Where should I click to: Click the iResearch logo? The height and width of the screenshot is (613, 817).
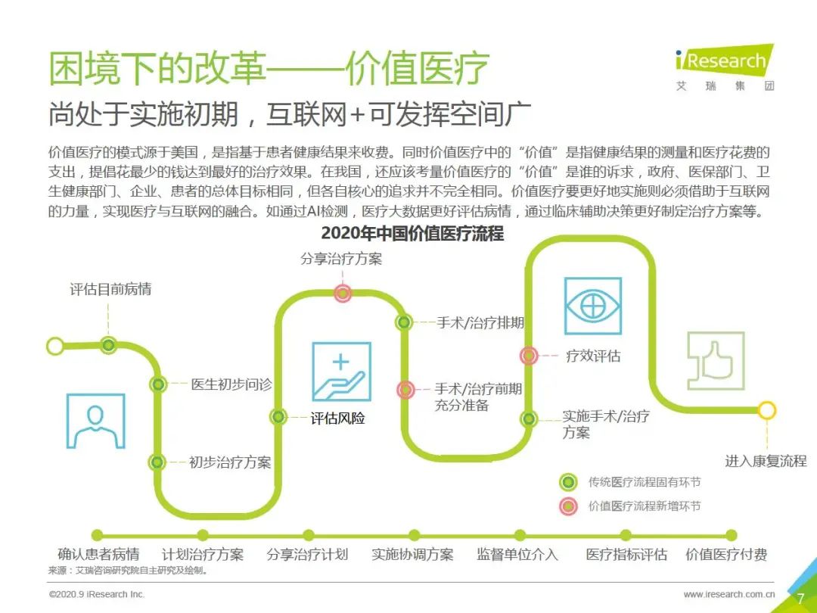725,68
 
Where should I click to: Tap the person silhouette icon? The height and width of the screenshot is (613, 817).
96,422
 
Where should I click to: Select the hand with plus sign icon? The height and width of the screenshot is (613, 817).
341,371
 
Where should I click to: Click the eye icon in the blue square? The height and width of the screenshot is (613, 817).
593,306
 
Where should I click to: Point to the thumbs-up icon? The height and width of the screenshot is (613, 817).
716,361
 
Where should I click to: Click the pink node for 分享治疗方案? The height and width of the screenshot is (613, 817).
343,294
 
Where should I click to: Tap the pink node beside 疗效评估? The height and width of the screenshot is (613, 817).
529,356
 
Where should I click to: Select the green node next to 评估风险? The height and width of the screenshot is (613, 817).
278,416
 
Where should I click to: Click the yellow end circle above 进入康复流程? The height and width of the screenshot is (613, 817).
766,410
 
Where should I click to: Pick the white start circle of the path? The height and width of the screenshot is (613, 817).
55,346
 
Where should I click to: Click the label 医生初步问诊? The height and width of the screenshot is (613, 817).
231,384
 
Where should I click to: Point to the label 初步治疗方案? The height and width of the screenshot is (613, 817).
230,462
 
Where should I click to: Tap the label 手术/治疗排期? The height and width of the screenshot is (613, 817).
480,322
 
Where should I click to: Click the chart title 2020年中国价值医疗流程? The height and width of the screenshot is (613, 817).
413,233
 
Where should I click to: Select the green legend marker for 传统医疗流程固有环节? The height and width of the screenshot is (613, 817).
568,482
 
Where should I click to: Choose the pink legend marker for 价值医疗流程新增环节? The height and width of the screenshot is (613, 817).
568,506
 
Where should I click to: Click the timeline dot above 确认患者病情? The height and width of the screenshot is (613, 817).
97,535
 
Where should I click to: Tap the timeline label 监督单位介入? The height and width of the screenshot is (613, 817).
517,554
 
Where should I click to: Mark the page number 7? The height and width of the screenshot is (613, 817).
801,599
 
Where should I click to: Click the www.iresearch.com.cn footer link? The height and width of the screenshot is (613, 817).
729,594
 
